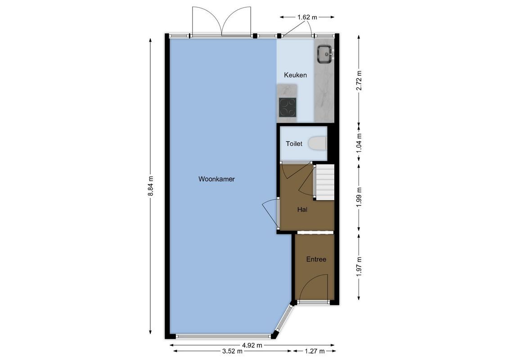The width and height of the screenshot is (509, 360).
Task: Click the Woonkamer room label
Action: coord(216,179)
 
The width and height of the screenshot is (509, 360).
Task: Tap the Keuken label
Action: coord(295,75)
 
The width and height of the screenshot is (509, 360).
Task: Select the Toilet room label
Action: coord(294,144)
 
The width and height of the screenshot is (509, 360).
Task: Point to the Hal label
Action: coord(302,209)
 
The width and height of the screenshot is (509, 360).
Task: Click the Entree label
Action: coord(316,259)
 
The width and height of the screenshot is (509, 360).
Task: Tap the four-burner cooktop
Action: coord(288,108)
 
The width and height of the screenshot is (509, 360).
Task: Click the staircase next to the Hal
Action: coord(324,182)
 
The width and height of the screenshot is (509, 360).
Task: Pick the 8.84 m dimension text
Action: coord(151,185)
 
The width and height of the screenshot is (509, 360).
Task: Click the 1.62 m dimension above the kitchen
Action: coord(307,17)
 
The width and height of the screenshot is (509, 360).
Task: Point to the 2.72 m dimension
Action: coord(359,81)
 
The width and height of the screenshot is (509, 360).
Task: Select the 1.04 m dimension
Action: coord(359,143)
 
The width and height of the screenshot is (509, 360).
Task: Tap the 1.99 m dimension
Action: coord(359,197)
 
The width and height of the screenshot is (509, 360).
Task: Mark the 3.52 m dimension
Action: coord(233,351)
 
